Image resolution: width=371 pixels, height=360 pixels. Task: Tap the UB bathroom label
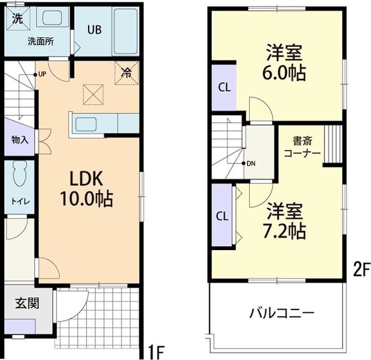[x=93, y=30]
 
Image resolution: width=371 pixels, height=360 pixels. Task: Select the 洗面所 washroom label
[x=41, y=42]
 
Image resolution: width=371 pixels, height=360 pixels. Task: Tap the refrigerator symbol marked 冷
[x=126, y=73]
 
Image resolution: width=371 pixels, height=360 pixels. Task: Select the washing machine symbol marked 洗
[x=18, y=19]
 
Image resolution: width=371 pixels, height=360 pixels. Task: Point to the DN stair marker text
[x=251, y=163]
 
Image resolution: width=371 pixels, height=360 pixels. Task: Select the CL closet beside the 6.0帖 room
[x=224, y=87]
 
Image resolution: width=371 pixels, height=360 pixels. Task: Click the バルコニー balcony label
[x=281, y=312]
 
